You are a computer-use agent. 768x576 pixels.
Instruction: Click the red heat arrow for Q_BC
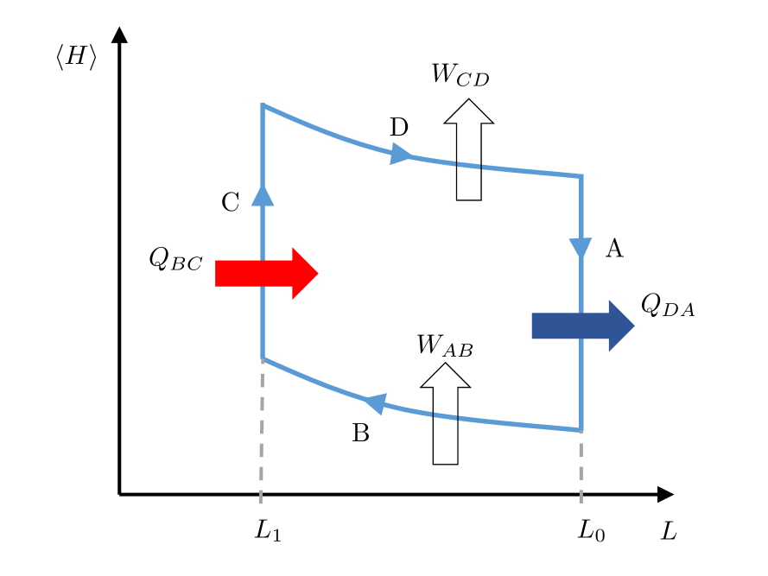point(266,274)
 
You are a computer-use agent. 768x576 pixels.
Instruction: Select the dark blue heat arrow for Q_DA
point(583,326)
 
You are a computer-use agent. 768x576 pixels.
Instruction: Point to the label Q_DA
point(667,305)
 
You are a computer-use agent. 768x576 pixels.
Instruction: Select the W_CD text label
point(460,75)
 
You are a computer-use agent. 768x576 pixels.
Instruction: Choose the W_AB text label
point(444,346)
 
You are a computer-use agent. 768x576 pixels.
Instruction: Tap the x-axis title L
point(669,531)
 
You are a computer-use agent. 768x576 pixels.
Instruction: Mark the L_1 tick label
point(268,530)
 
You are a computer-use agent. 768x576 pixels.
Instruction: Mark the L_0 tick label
point(591,530)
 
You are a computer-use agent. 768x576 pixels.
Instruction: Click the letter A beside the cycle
point(614,250)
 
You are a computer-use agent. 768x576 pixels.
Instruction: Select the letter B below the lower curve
point(361,434)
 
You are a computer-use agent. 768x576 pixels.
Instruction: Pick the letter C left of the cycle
point(230,203)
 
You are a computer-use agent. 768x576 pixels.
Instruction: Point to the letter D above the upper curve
point(398,129)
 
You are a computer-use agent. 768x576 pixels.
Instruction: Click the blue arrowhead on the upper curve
point(401,155)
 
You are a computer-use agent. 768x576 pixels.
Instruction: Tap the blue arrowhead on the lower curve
point(374,402)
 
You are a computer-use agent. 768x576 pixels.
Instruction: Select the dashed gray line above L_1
point(262,427)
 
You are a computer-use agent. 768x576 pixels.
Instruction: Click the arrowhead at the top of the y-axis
point(120,35)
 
